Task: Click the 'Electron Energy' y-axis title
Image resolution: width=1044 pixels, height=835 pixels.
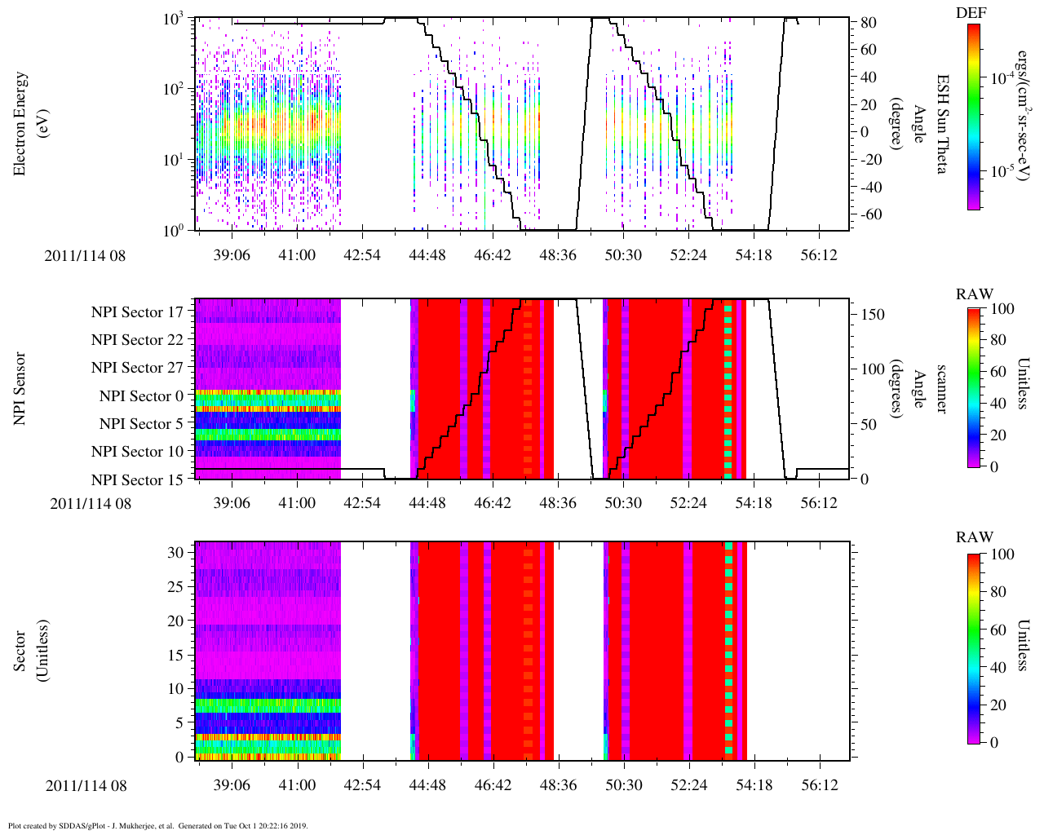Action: click(21, 123)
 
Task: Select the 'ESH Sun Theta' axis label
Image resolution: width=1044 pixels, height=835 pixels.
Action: click(942, 123)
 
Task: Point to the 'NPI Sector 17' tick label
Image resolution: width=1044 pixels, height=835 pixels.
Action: click(137, 312)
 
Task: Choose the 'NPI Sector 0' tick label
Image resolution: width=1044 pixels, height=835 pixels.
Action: click(141, 396)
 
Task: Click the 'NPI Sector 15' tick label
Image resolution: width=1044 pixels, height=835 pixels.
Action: click(137, 480)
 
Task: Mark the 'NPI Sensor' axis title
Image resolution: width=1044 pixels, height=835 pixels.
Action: click(21, 388)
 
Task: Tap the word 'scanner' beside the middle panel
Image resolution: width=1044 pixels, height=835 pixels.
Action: click(942, 389)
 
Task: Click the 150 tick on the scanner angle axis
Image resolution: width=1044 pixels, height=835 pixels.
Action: click(873, 315)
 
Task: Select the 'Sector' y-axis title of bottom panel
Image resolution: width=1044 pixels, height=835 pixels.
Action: click(21, 650)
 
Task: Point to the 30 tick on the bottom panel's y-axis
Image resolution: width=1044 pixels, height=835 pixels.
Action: click(175, 552)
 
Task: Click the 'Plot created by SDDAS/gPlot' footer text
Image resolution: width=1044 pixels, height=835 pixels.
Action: click(157, 825)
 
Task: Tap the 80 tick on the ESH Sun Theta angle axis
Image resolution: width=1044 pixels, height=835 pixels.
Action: click(868, 23)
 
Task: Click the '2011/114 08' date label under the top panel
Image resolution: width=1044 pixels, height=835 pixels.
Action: click(86, 256)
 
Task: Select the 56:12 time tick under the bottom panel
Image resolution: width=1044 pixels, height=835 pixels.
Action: click(819, 784)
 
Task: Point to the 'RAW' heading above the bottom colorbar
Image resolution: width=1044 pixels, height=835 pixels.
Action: click(975, 537)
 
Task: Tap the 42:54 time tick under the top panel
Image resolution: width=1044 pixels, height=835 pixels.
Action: click(361, 255)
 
